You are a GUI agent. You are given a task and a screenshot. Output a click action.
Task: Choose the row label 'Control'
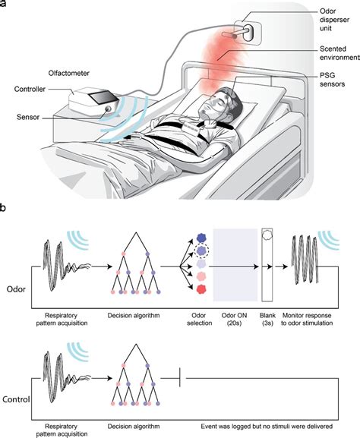17,398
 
